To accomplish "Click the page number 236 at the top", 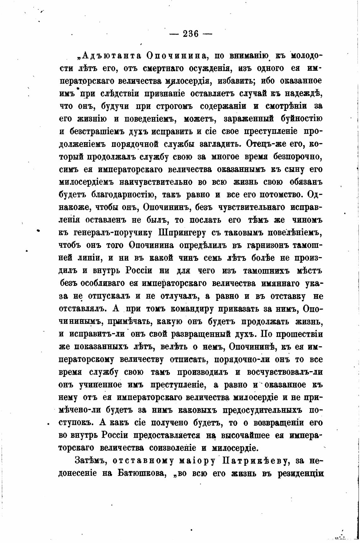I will click(190, 34).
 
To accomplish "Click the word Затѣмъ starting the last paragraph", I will click(89, 461).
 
